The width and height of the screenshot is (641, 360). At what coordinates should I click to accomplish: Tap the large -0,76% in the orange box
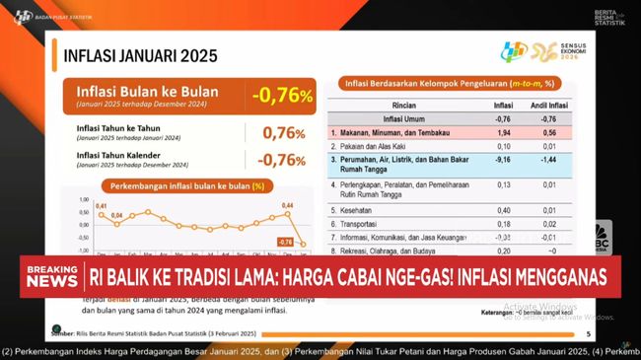coord(282,96)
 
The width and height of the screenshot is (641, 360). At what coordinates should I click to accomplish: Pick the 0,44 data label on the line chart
coord(289,205)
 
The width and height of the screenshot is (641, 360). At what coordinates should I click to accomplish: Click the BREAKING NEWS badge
coord(51,275)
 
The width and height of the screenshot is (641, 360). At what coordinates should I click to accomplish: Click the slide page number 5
coord(590,335)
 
